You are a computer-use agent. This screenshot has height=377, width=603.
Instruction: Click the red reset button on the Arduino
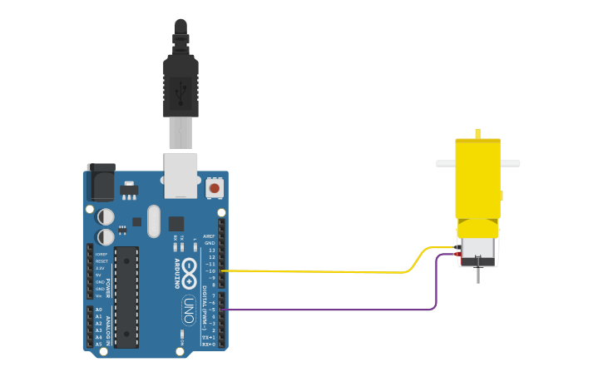pyautogui.click(x=215, y=188)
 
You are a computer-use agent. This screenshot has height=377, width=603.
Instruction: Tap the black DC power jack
pyautogui.click(x=101, y=182)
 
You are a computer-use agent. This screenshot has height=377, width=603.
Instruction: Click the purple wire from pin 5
pyautogui.click(x=333, y=310)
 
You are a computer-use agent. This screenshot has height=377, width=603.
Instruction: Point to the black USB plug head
pyautogui.click(x=180, y=83)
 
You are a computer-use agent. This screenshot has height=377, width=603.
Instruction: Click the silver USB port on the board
pyautogui.click(x=180, y=175)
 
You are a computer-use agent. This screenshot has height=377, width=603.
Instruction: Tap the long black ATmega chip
pyautogui.click(x=126, y=296)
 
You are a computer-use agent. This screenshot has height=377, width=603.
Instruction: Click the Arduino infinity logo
pyautogui.click(x=190, y=268)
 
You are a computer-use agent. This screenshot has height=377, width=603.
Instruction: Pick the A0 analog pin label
pyautogui.click(x=99, y=310)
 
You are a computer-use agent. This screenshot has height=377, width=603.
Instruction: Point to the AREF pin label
pyautogui.click(x=209, y=236)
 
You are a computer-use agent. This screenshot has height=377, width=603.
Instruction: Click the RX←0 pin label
pyautogui.click(x=209, y=344)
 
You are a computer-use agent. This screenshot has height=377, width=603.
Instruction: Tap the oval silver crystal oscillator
pyautogui.click(x=153, y=221)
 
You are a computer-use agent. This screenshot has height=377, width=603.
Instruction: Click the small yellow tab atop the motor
pyautogui.click(x=477, y=133)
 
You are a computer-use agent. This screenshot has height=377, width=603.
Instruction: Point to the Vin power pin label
pyautogui.click(x=99, y=295)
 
